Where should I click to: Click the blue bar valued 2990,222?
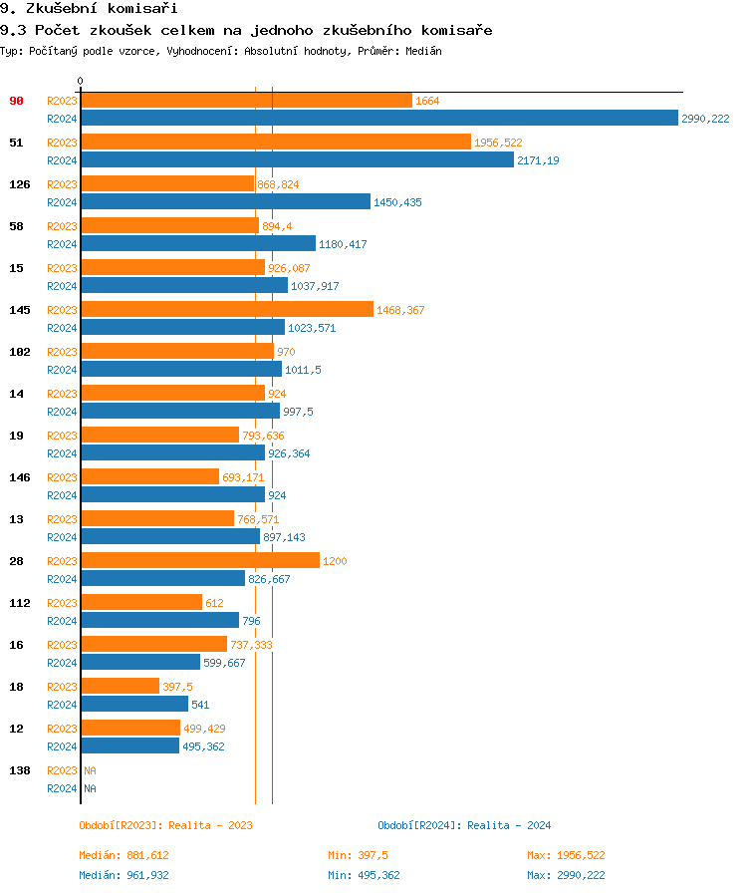378,119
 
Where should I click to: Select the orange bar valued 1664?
246,101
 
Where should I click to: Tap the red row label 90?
16,101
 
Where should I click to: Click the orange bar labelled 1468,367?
227,310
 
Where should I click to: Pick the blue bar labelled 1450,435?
225,202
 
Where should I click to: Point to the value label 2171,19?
538,160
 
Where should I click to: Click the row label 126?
19,184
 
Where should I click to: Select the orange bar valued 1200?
200,561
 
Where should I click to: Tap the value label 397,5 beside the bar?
177,687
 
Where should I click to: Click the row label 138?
19,770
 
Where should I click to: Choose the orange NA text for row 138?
90,770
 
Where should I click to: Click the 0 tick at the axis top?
81,81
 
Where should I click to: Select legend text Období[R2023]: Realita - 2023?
165,825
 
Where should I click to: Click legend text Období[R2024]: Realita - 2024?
464,825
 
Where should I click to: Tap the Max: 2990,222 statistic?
566,875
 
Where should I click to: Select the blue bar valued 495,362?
129,746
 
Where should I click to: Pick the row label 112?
19,603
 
